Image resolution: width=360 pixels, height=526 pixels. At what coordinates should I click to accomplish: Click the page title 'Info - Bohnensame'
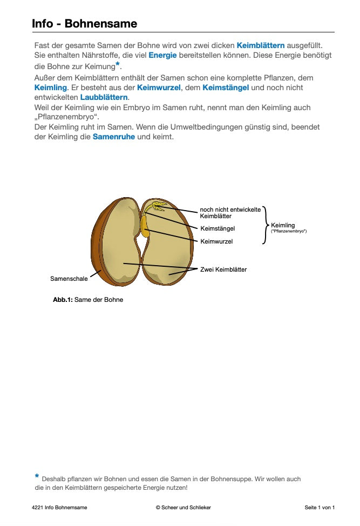[84, 24]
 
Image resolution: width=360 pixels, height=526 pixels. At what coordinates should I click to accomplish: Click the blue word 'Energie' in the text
[162, 56]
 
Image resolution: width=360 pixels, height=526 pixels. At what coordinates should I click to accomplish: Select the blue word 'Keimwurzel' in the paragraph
[159, 87]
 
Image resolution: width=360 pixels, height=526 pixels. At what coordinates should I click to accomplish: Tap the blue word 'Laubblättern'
[104, 97]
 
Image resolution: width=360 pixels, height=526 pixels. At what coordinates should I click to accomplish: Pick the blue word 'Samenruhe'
[113, 137]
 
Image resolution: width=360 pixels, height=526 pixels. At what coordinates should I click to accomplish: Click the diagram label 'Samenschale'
[69, 279]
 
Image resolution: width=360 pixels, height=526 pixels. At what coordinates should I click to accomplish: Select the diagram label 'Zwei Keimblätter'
[223, 269]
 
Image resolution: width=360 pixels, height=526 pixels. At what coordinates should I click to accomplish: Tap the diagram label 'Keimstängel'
[218, 228]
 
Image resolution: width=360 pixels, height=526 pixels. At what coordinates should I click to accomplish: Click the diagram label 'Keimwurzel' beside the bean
[216, 241]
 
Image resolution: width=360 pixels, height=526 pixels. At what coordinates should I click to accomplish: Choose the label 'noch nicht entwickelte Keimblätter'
[230, 213]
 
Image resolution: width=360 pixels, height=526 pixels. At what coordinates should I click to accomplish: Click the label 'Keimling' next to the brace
[283, 225]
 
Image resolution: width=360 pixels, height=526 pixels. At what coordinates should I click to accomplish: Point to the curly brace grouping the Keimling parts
[264, 225]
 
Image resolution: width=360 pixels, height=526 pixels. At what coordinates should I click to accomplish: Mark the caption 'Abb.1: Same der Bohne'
[88, 300]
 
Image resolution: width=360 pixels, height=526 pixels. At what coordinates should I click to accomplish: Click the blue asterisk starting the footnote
[37, 476]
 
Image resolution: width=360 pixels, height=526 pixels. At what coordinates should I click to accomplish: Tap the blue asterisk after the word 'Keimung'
[118, 64]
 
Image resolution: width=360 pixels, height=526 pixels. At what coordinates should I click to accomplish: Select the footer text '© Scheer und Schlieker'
[183, 508]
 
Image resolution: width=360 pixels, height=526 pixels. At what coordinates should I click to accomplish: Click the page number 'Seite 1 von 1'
[320, 508]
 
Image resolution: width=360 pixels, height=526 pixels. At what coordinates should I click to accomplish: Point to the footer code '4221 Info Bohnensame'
[59, 508]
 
